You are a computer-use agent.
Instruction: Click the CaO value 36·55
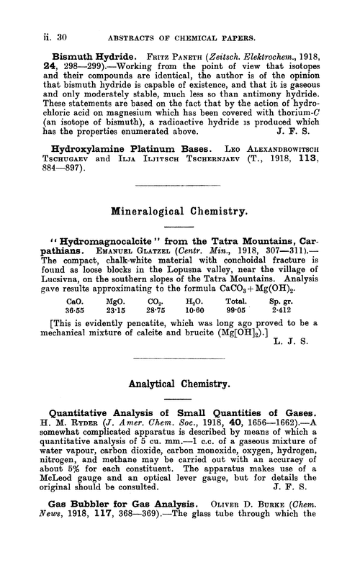point(74,328)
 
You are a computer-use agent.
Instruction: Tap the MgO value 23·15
point(115,328)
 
